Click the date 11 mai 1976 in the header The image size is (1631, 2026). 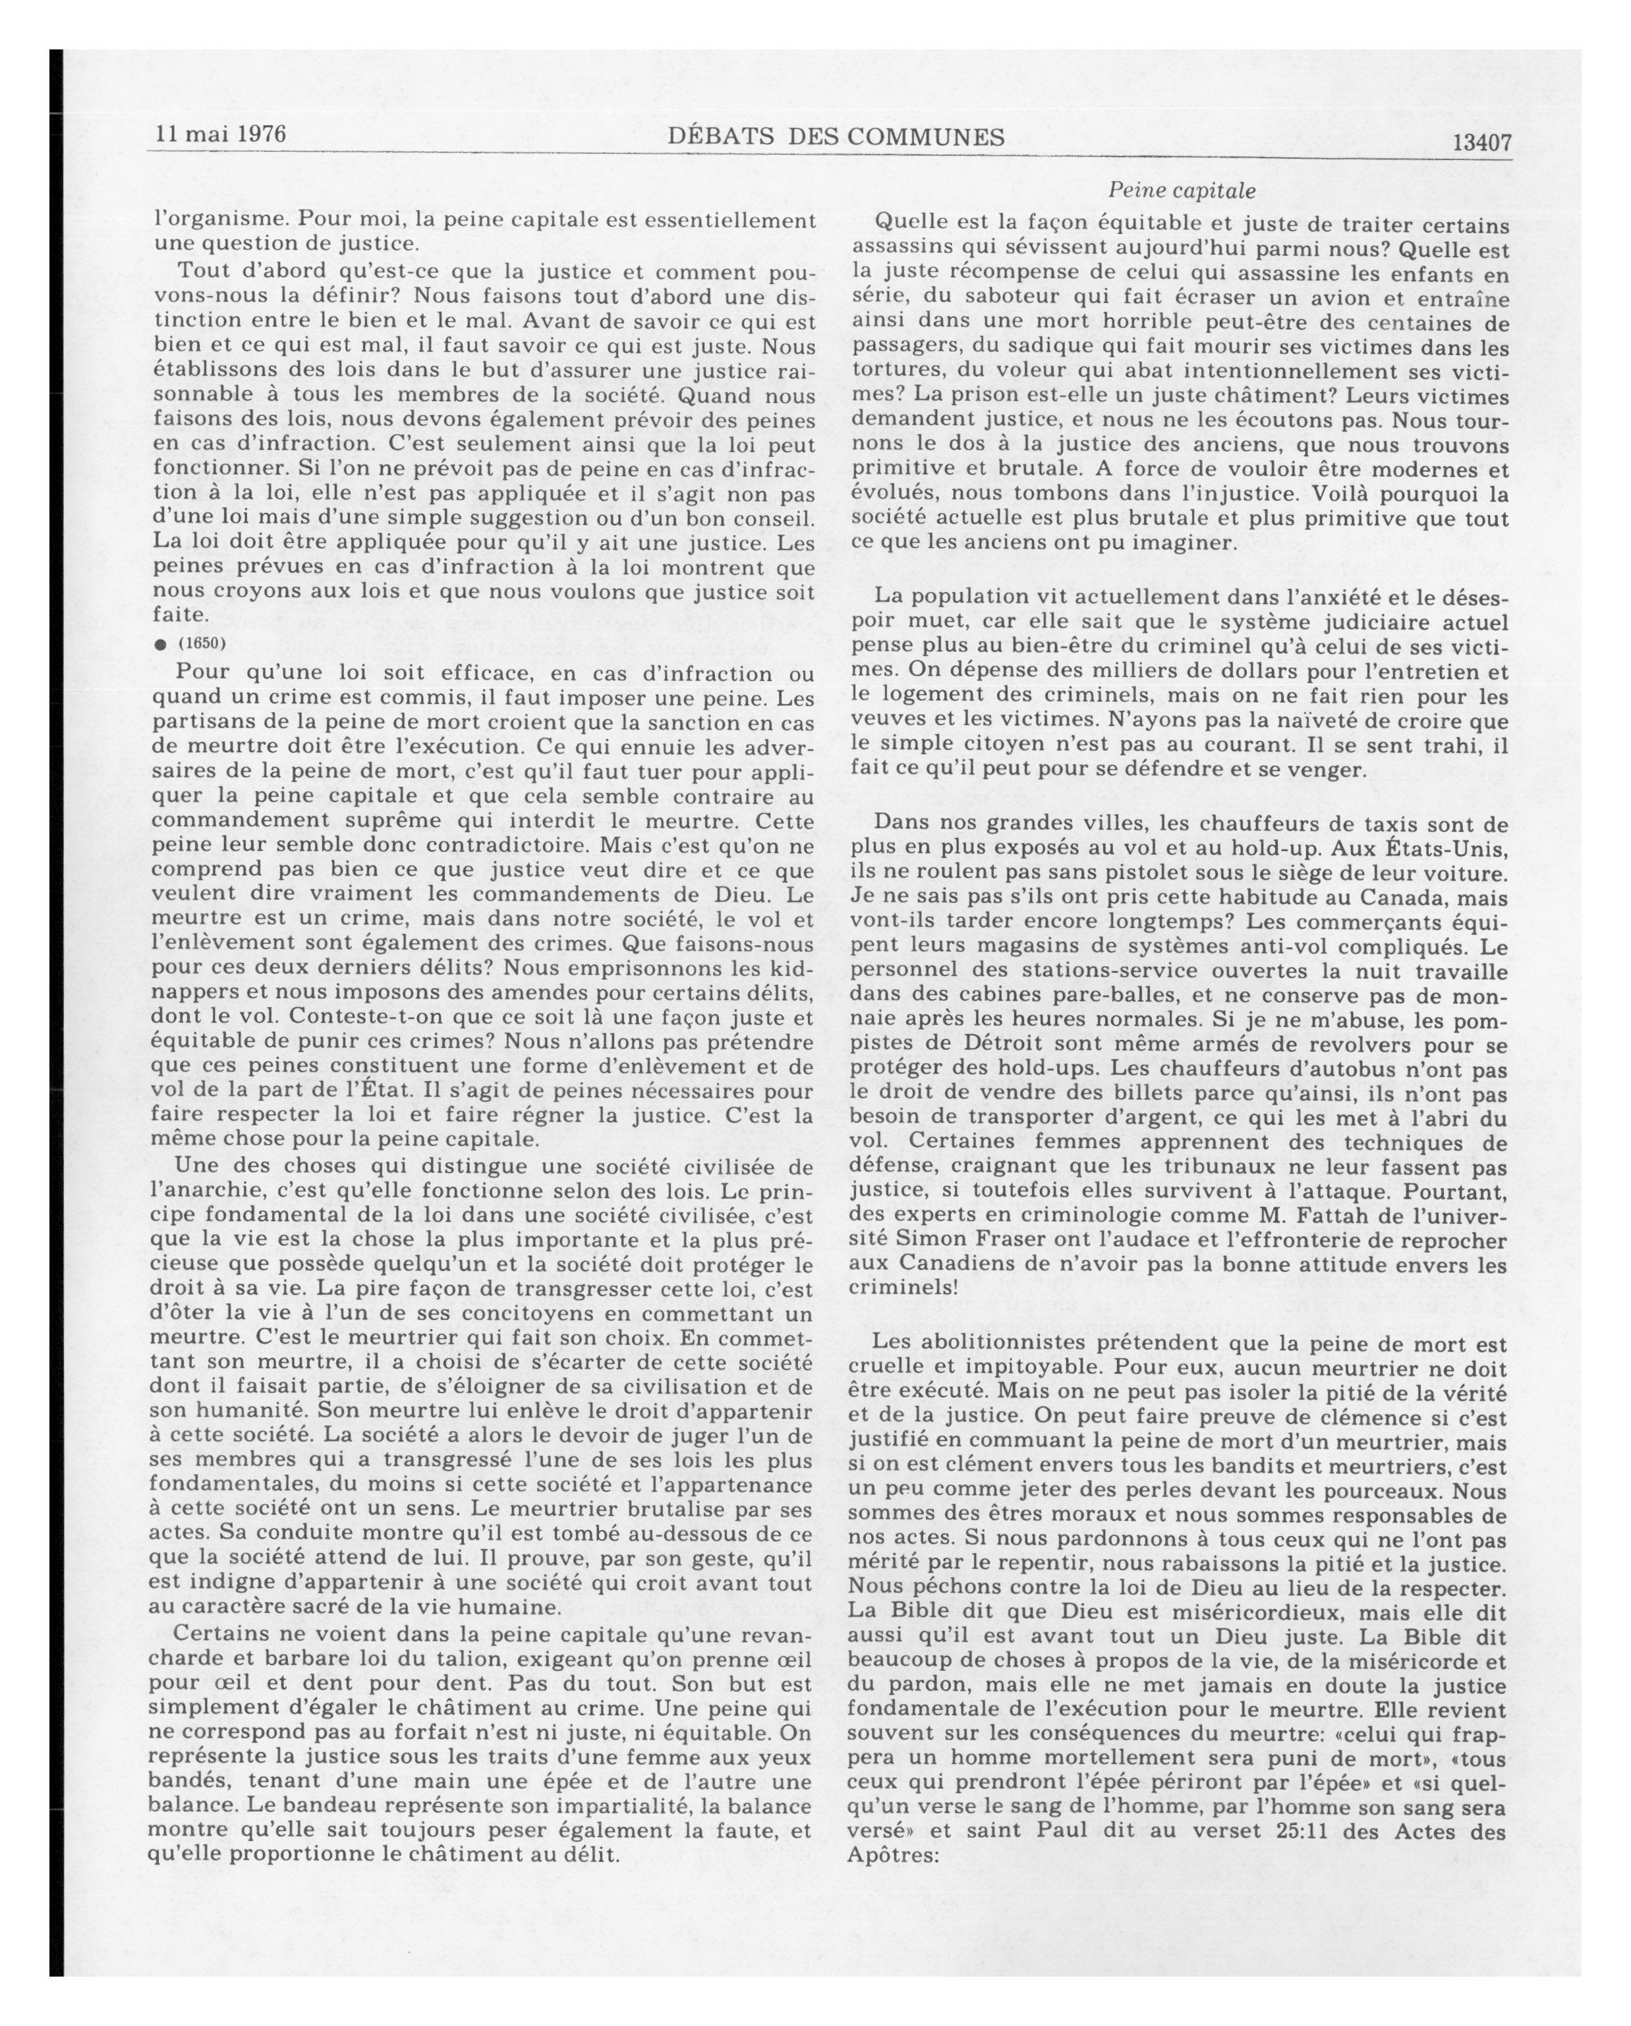click(x=220, y=134)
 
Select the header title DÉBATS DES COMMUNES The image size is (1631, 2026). click(x=836, y=137)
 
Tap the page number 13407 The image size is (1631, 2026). click(x=1481, y=143)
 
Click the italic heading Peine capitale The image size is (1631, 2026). click(x=1182, y=191)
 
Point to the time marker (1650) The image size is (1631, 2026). click(x=202, y=643)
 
